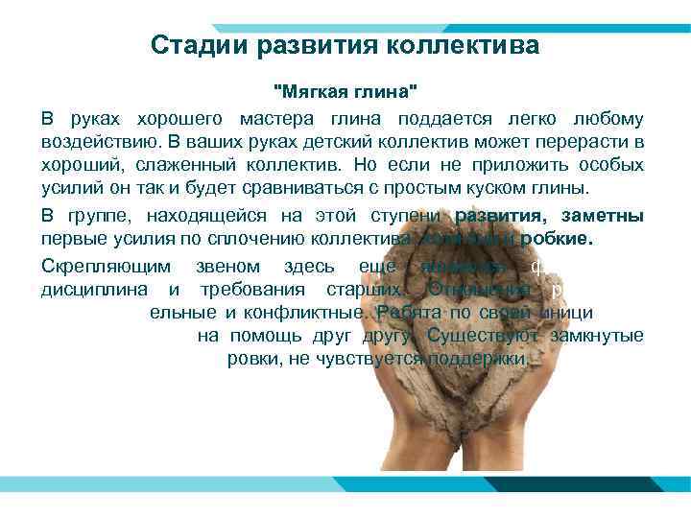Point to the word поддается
(x=447, y=118)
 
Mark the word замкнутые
(x=604, y=336)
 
